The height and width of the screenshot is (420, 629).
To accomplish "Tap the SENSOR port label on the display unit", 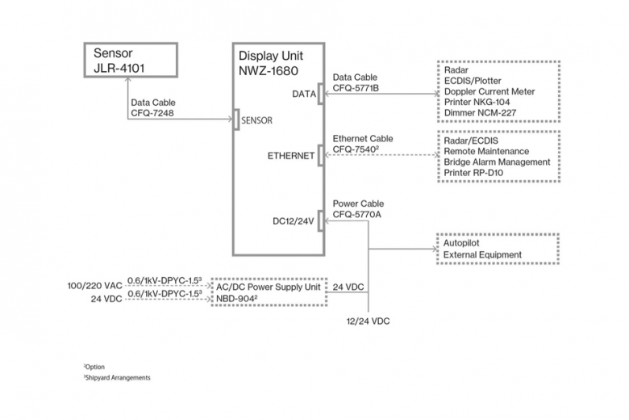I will tap(256, 120).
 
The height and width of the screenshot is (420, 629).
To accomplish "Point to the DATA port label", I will tap(304, 94).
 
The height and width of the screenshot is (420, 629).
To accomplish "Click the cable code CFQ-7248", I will tap(152, 113).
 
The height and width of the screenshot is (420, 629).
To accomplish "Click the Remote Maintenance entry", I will tap(486, 151).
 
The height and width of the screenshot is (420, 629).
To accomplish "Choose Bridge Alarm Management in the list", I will tap(497, 162).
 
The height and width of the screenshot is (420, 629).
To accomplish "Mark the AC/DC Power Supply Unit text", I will tap(269, 287).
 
